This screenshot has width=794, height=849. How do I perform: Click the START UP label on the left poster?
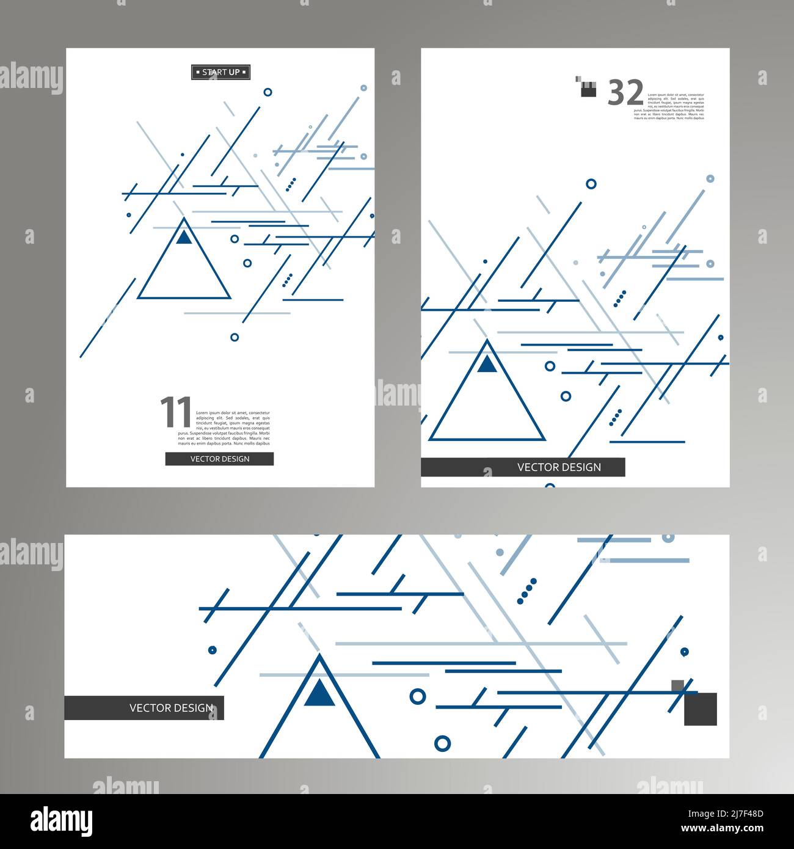click(220, 72)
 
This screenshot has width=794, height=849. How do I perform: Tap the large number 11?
click(176, 412)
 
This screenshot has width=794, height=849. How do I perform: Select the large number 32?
click(625, 93)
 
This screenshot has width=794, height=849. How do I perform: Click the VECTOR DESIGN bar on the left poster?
click(219, 459)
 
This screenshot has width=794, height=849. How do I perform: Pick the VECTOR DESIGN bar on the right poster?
click(523, 467)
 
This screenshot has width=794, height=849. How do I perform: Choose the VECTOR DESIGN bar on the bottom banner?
click(144, 708)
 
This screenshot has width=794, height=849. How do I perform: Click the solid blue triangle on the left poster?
click(184, 237)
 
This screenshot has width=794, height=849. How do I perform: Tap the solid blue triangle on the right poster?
click(487, 364)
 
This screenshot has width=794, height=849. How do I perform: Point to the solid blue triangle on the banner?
click(319, 693)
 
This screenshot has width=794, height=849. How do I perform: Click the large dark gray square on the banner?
click(700, 709)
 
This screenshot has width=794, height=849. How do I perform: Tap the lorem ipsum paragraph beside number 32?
click(676, 106)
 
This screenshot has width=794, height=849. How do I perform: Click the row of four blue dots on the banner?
click(526, 591)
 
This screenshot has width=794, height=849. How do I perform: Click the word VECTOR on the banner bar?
click(150, 708)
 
